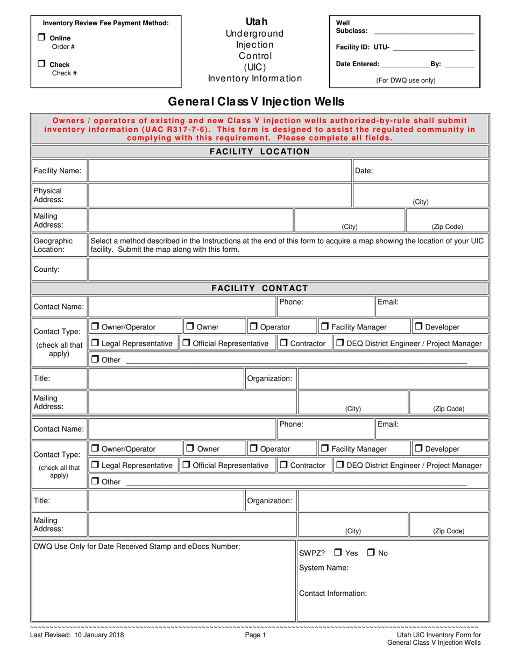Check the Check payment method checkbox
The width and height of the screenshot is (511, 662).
(41, 64)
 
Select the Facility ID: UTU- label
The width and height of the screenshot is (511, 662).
(363, 47)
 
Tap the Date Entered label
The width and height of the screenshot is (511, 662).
(357, 64)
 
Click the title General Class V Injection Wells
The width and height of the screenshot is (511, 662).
(256, 102)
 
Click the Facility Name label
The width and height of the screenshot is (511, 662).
(58, 171)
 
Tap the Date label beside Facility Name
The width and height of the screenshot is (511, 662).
(364, 171)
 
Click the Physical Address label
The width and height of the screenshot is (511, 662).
(48, 195)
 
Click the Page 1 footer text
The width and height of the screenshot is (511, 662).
(256, 636)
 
